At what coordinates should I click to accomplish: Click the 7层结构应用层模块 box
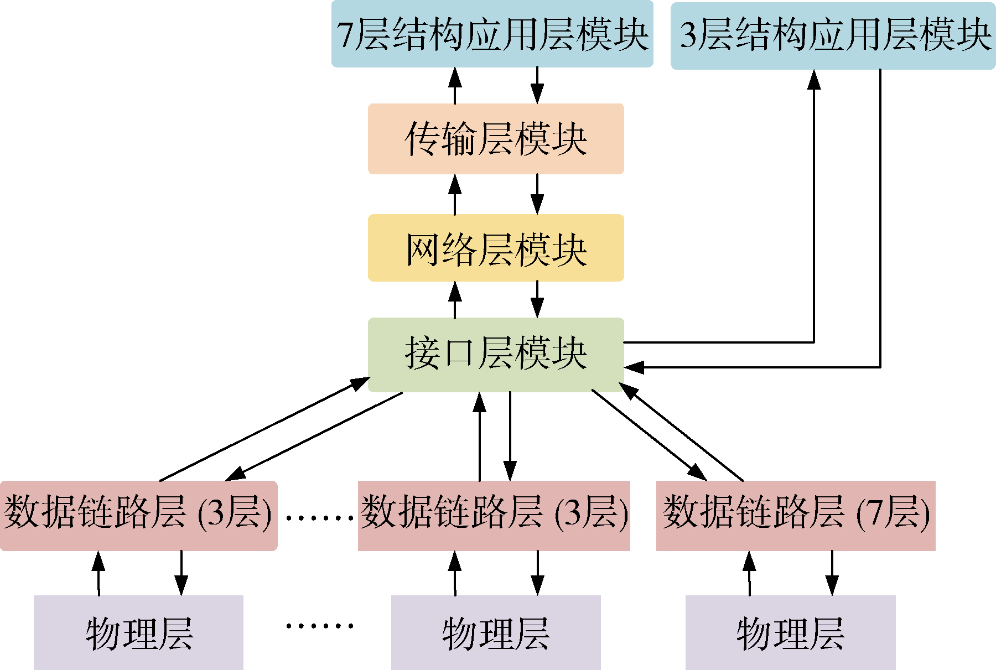pos(492,34)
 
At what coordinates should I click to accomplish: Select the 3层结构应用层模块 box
pos(833,35)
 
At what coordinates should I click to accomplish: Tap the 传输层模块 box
pos(496,139)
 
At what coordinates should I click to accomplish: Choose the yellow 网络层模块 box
pos(496,248)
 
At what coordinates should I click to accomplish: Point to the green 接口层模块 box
pos(496,354)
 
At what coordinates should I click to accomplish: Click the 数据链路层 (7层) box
pos(796,515)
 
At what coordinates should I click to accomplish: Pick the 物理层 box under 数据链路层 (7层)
pos(790,632)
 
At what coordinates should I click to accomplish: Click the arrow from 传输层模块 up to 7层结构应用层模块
pos(455,86)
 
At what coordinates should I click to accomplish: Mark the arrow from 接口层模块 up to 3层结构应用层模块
pos(813,210)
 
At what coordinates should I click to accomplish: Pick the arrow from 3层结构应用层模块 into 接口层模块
pos(880,221)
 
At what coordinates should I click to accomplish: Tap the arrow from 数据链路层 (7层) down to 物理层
pos(832,573)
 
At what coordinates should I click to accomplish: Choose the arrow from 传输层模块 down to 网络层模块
pos(537,194)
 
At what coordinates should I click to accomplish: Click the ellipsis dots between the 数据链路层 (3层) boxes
pos(319,518)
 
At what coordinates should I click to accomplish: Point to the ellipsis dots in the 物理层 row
pos(319,626)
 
